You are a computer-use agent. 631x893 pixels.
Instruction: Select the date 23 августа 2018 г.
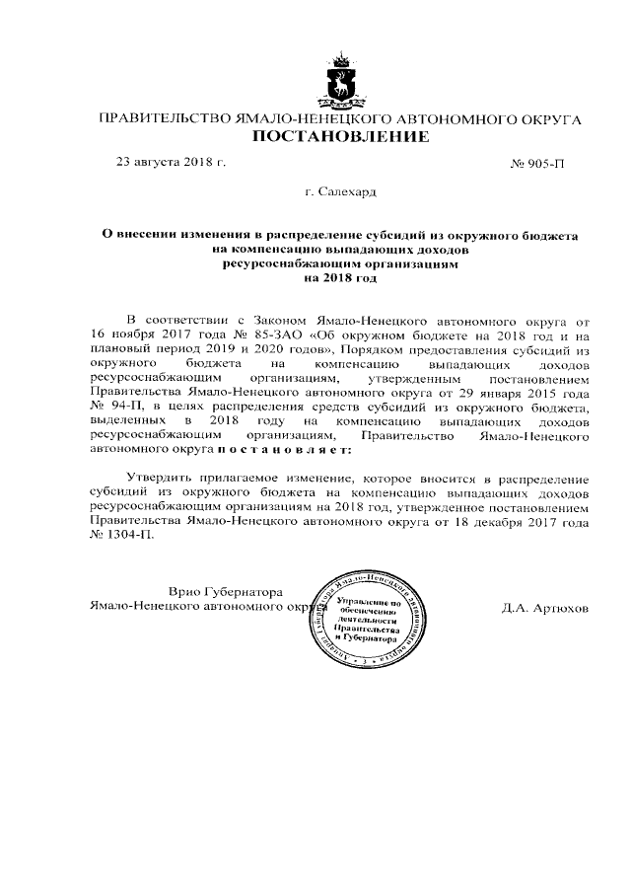tap(172, 161)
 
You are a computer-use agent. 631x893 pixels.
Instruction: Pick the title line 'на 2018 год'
tap(341, 278)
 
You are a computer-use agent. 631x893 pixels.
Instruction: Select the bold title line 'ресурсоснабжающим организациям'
tap(341, 264)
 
